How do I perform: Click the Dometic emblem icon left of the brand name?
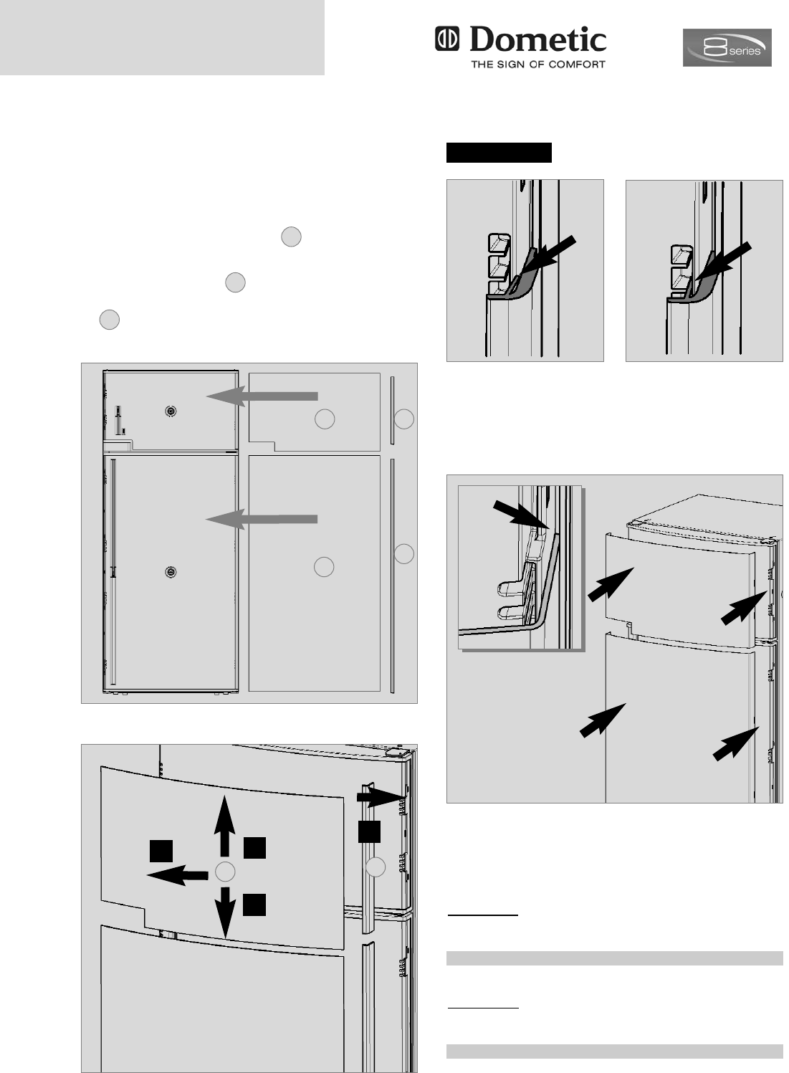tap(446, 39)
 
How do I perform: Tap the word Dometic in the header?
tap(537, 39)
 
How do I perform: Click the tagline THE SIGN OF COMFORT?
tap(538, 65)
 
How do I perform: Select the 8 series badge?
tap(727, 47)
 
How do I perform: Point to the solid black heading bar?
tap(499, 153)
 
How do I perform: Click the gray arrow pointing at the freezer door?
tap(262, 396)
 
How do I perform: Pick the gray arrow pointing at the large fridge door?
tap(262, 519)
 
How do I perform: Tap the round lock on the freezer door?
tap(171, 411)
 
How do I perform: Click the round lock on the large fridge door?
tap(171, 572)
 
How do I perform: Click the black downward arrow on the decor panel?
tap(225, 912)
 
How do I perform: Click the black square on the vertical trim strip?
tap(369, 831)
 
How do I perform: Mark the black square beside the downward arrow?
tap(254, 905)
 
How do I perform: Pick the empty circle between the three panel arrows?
tap(225, 872)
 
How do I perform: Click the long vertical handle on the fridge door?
tap(113, 573)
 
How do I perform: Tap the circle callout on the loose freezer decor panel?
tap(325, 419)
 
